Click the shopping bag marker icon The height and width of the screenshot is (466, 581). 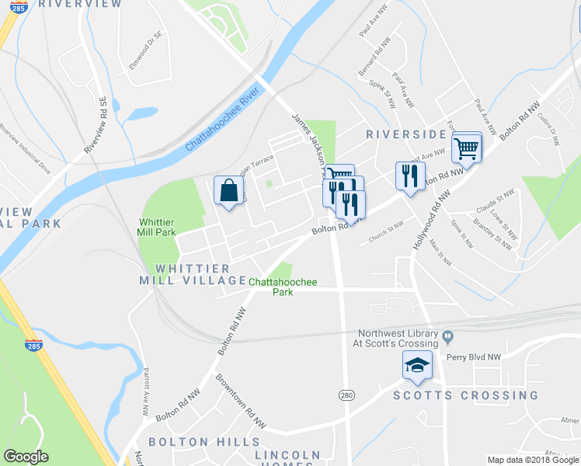(228, 191)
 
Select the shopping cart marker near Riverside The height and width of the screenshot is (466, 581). (466, 147)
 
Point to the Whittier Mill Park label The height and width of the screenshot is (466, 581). (157, 227)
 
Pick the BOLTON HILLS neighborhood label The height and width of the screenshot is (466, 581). (190, 442)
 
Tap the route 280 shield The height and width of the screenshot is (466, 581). (346, 395)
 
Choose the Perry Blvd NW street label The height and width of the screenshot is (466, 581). (475, 358)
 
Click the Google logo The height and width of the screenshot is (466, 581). (26, 457)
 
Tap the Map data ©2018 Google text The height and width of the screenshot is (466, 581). (533, 460)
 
